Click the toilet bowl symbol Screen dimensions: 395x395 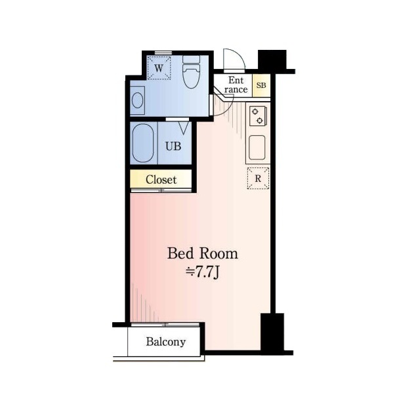[x=191, y=76]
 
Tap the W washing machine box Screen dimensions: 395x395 [x=159, y=68]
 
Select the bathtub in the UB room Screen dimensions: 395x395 [x=143, y=143]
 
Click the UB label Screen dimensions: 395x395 [x=173, y=146]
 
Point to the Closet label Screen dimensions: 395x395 [x=161, y=180]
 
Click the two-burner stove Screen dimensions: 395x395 [x=258, y=116]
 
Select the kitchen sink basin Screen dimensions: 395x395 [x=257, y=148]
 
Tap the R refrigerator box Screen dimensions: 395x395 [x=259, y=178]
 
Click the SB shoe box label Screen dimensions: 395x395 [x=261, y=85]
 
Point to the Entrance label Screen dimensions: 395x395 [x=236, y=85]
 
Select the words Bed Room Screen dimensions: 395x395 [x=203, y=253]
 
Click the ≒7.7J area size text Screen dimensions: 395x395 [x=203, y=272]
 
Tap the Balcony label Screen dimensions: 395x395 [x=166, y=342]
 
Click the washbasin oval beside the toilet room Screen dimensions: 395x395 [x=138, y=100]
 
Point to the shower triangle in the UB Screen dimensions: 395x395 [x=184, y=128]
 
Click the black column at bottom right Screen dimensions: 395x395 [x=272, y=332]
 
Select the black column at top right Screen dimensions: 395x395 [x=272, y=60]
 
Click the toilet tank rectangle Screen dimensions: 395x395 [x=191, y=60]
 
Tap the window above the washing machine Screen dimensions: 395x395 [x=163, y=52]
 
